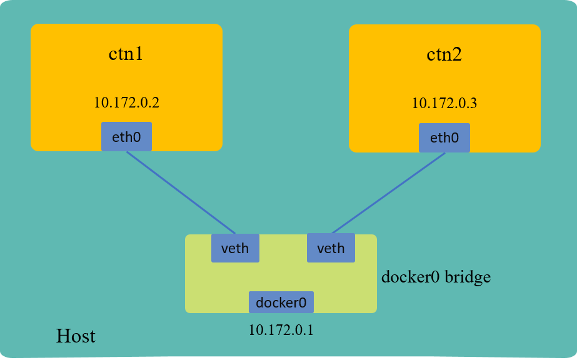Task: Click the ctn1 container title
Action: pos(126,54)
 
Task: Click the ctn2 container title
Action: pos(444,54)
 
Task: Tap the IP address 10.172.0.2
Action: pos(126,102)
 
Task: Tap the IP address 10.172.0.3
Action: pos(444,104)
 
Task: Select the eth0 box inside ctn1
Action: pos(126,136)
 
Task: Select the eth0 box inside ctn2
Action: pos(444,137)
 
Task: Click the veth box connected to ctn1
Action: pos(235,248)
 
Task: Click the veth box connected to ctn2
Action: pos(331,248)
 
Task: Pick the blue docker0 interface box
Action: pos(281,302)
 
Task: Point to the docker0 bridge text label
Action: pos(436,276)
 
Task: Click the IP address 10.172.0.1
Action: pos(281,329)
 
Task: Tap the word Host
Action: pos(76,336)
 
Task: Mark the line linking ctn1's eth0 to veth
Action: pos(181,192)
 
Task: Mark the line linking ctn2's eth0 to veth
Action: pos(388,192)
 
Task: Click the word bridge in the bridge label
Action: pos(468,276)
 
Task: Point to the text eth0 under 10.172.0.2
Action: pos(126,137)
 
